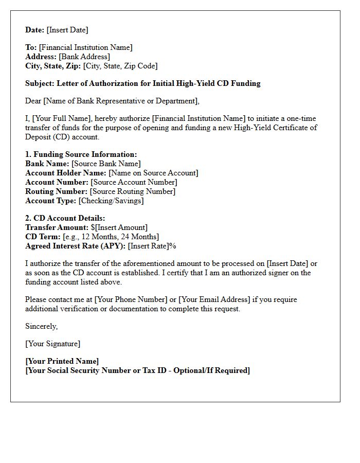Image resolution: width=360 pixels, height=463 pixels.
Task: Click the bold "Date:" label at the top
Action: click(35, 30)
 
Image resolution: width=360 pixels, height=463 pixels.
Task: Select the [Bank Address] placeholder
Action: click(84, 57)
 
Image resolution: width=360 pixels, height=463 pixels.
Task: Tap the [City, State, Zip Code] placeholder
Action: click(120, 66)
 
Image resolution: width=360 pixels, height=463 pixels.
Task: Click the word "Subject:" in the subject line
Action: click(40, 83)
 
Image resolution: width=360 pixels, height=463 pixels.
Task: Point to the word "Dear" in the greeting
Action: click(33, 101)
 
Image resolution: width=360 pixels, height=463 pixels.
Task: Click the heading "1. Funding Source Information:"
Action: click(81, 154)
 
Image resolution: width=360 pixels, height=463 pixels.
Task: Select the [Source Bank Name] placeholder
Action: click(106, 164)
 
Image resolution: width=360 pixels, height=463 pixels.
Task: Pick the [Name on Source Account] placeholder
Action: click(153, 173)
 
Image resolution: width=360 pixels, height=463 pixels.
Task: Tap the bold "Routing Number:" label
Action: click(57, 191)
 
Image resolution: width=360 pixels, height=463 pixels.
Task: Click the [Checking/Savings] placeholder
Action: click(111, 201)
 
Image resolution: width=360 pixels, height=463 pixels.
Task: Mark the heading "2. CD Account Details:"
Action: click(65, 218)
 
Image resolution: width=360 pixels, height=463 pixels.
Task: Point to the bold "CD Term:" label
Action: click(43, 237)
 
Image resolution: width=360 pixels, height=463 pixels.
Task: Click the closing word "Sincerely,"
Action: click(42, 326)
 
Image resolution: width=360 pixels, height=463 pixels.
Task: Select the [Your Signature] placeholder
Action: click(53, 344)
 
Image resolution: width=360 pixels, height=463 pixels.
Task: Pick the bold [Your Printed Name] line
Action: click(62, 361)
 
